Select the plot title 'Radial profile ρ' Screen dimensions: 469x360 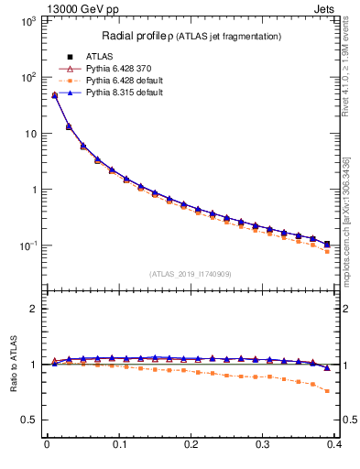click(147, 36)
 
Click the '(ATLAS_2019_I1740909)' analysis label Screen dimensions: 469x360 click(191, 274)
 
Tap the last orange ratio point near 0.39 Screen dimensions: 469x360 click(327, 391)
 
